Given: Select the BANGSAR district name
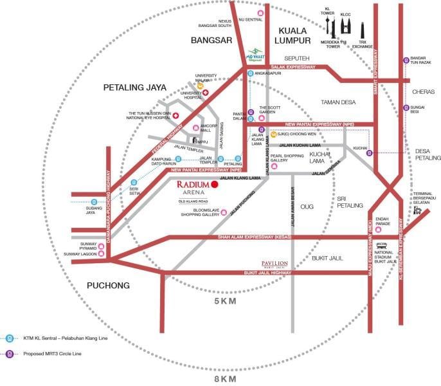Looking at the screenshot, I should click(x=211, y=40).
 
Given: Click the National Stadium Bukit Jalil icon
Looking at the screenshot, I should click(x=382, y=245).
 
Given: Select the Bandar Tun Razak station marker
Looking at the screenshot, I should click(x=406, y=60).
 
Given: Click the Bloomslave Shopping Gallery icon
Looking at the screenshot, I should click(x=224, y=212).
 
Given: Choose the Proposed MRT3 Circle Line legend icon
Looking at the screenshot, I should click(x=10, y=354).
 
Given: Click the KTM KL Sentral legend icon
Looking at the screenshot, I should click(x=10, y=338).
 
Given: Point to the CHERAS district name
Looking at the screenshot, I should click(x=420, y=91).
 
